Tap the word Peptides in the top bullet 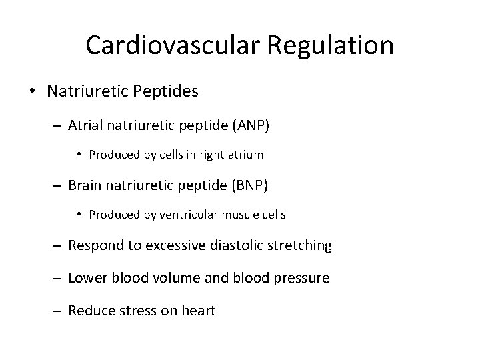coord(168,91)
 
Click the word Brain coord(85,185)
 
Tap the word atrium coord(246,155)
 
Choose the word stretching coord(299,245)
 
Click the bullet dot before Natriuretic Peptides coord(33,92)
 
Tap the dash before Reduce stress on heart coord(59,311)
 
